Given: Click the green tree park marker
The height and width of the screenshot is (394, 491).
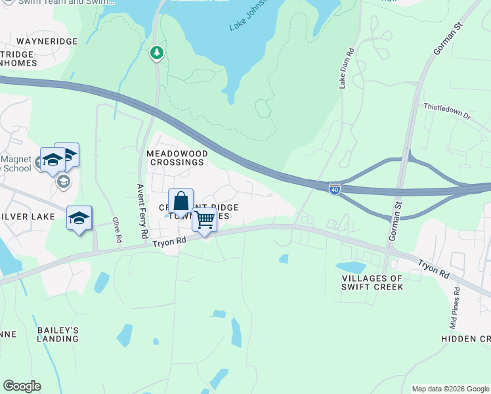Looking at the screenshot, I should coord(157,53).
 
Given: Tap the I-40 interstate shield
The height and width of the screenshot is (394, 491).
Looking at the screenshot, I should coord(335,188).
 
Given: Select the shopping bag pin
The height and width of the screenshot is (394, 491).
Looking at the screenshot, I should coord(181,202).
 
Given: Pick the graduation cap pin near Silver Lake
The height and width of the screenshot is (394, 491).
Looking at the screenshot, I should coord(79,219).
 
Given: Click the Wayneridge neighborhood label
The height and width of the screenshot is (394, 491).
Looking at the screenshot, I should coord(47,41).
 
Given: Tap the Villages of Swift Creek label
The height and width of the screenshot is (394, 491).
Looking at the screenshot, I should coord(372,282).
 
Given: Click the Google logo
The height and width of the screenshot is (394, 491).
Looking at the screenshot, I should coord(22,386).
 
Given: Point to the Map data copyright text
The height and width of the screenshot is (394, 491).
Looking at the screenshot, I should coord(450,389).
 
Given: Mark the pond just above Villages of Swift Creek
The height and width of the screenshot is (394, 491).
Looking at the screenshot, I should coord(351,267).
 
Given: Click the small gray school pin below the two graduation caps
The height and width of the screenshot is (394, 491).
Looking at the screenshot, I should coord(63,181).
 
